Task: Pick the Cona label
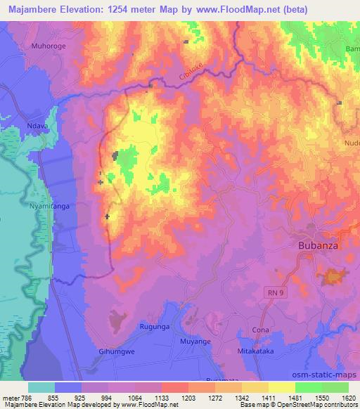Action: pos(260,330)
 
